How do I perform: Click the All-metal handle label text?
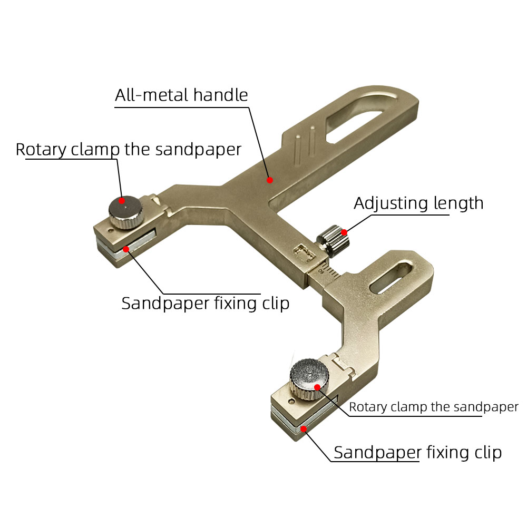point(181,95)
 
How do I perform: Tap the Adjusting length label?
point(418,203)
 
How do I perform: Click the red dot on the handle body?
point(269,180)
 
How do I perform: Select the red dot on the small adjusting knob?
point(344,232)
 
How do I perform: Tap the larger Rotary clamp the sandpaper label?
point(128,149)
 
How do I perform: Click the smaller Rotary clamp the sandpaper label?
point(433,407)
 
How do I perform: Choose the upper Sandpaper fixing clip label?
point(205,304)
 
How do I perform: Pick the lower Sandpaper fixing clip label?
point(417,452)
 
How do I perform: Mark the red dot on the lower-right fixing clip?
point(304,429)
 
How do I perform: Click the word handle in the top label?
point(220,95)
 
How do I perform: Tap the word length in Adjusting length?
point(456,203)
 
